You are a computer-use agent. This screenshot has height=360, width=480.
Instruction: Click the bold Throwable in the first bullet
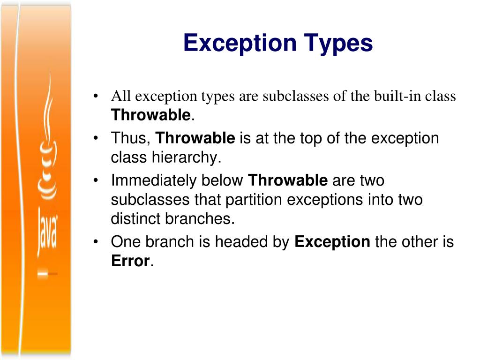point(150,115)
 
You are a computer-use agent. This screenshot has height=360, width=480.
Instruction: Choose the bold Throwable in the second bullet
point(195,138)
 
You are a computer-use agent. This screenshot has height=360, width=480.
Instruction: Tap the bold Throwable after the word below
point(287,180)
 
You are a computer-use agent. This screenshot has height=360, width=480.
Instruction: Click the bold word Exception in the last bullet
point(332,242)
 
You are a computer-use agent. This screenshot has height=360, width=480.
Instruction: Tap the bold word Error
point(130,261)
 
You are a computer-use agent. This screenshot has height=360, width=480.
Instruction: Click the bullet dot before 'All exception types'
point(96,97)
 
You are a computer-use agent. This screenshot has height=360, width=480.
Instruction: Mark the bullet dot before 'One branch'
point(96,242)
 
